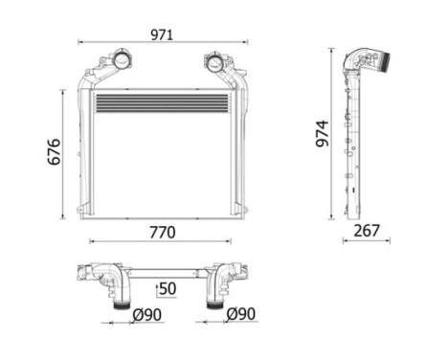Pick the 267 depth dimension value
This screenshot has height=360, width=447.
[x=367, y=231]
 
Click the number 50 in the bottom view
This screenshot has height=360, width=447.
[x=167, y=287]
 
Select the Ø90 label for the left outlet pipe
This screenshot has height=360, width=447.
[x=145, y=314]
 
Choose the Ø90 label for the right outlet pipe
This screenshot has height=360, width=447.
[x=241, y=314]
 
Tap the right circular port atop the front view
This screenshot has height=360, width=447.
[x=212, y=64]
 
